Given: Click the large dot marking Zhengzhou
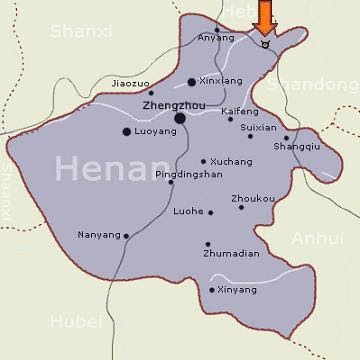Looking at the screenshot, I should [180, 118].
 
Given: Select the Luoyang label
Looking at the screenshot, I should [155, 131].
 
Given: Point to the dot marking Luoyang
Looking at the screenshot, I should [126, 131].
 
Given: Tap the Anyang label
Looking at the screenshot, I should [216, 39].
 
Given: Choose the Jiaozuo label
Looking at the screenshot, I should [132, 83].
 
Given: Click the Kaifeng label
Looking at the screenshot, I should [239, 111].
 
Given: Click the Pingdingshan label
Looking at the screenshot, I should [188, 174].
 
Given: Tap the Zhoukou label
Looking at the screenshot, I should [252, 198].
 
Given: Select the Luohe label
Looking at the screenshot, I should [188, 212].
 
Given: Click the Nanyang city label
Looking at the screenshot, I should [98, 236].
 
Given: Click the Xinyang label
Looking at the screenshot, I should [237, 290].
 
